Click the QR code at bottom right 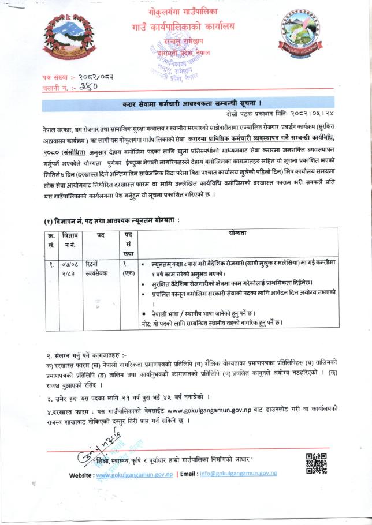click(x=315, y=463)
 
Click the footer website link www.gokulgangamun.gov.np click(x=133, y=474)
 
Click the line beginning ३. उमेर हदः click(x=127, y=397)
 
